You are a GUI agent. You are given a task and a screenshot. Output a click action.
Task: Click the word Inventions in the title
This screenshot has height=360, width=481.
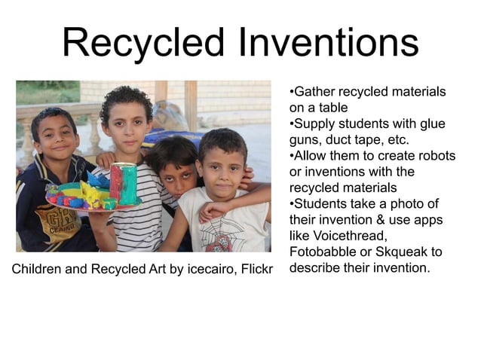pos(328,43)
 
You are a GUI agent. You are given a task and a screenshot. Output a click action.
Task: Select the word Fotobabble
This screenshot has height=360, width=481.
pos(325,252)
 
